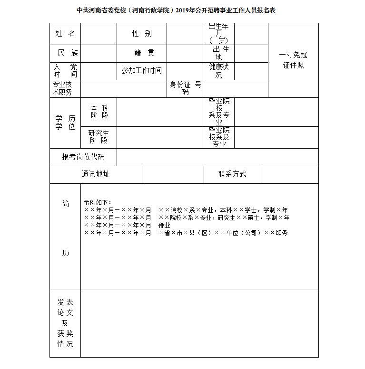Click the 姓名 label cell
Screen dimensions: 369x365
[65, 33]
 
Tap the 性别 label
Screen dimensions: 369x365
[142, 33]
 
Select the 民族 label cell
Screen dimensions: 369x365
[65, 53]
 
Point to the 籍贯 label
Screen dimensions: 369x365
[142, 53]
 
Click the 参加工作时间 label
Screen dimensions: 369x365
[142, 70]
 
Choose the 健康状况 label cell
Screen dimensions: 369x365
[218, 71]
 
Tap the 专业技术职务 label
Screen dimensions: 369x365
[65, 88]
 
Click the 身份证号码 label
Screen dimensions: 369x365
[185, 88]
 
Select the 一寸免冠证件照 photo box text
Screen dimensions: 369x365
[293, 60]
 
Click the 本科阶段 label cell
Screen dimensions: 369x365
[99, 112]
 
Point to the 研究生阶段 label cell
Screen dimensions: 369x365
[99, 137]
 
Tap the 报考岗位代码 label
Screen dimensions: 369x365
[83, 157]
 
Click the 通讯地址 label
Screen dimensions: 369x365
[96, 174]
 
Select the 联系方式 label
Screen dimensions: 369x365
[232, 174]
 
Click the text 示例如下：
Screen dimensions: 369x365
[97, 202]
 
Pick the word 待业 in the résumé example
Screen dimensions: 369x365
[164, 225]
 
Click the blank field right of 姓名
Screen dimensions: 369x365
[99, 33]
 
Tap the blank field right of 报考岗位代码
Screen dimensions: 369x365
[217, 157]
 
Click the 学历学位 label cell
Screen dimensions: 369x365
[65, 123]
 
